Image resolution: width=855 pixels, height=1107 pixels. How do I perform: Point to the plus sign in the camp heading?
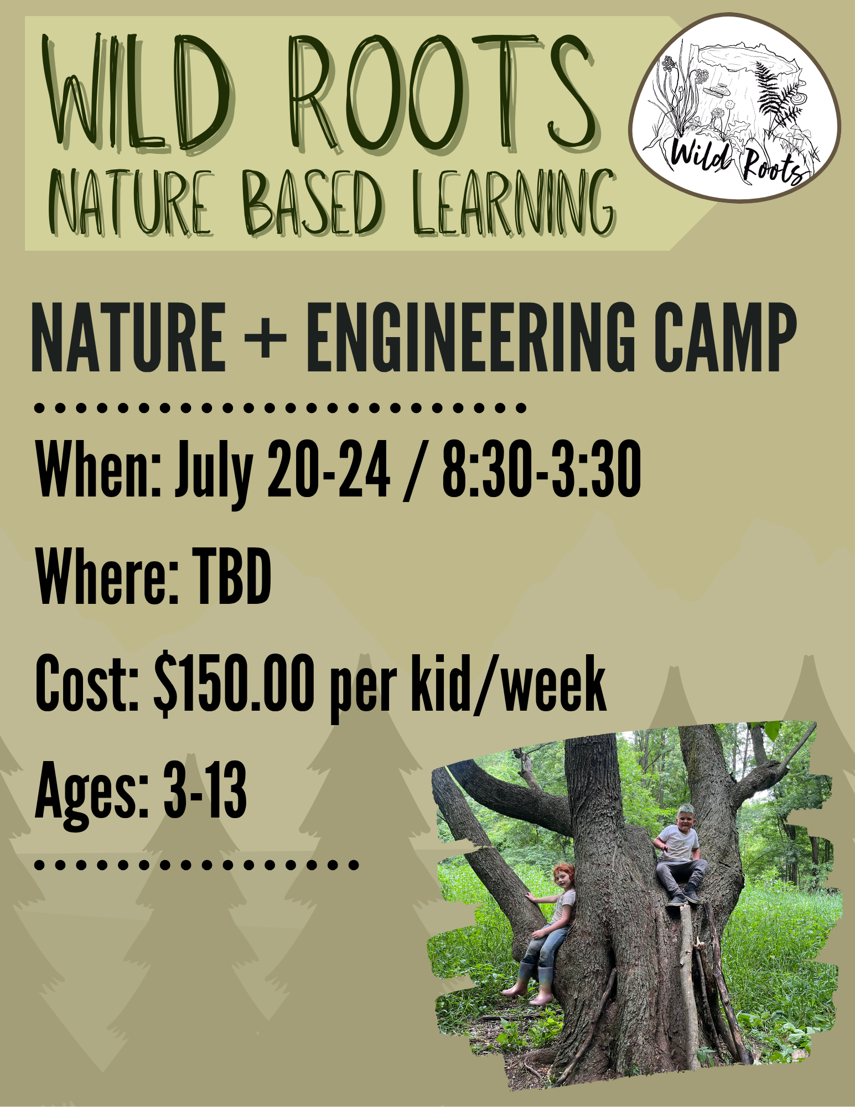coord(266,337)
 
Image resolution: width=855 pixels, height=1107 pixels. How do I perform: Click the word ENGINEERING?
coord(470,337)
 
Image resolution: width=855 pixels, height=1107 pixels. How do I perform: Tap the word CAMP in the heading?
coord(726,337)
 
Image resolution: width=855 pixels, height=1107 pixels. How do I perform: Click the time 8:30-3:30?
coord(542,470)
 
